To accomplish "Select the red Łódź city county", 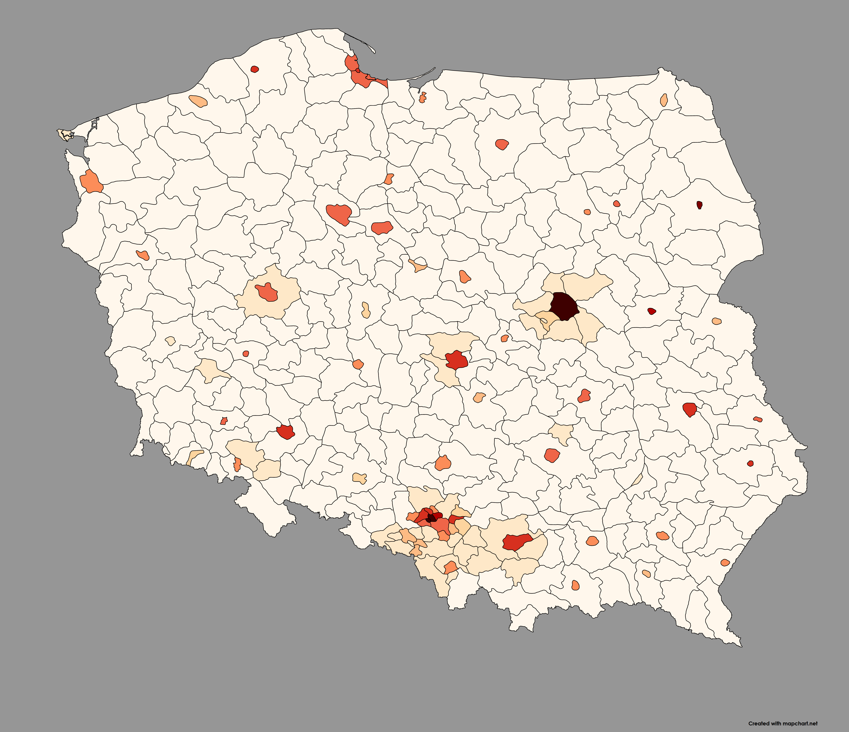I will pyautogui.click(x=456, y=361).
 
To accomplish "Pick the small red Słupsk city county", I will pyautogui.click(x=254, y=69).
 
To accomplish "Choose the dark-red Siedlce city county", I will pyautogui.click(x=652, y=311).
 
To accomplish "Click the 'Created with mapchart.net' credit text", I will pyautogui.click(x=783, y=723).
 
